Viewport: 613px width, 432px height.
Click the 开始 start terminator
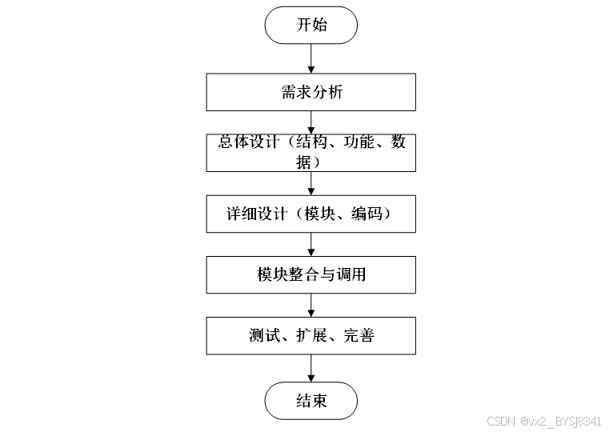311,26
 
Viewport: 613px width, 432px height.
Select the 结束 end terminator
311,401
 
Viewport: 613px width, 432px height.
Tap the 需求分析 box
311,92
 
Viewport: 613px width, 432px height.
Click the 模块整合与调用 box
311,274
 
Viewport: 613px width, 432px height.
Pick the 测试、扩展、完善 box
311,335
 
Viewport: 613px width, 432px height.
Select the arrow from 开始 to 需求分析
311,58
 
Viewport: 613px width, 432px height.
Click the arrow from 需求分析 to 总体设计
311,122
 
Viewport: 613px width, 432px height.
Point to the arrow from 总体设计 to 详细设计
311,183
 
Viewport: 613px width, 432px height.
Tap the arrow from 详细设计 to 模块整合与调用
311,244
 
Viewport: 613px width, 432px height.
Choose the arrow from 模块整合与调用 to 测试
311,305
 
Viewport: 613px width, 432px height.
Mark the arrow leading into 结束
311,368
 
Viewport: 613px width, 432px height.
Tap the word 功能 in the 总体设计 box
359,142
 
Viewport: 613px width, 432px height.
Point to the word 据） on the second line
311,161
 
